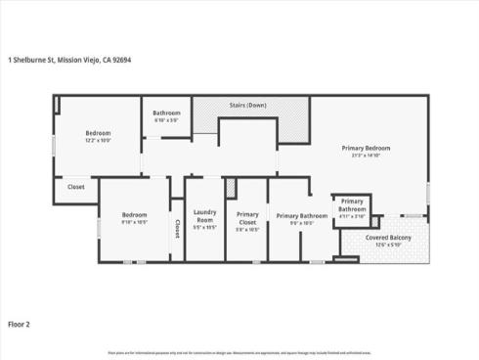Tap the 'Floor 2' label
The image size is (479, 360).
click(21, 322)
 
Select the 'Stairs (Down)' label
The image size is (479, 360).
click(247, 105)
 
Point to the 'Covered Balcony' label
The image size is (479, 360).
click(388, 238)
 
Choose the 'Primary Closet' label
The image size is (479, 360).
click(247, 216)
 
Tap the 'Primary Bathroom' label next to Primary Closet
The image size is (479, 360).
click(301, 215)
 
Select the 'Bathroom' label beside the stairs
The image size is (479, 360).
click(166, 112)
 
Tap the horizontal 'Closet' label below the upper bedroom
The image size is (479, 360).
click(75, 187)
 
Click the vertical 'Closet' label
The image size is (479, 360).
click(177, 228)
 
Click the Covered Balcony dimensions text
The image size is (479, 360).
click(388, 245)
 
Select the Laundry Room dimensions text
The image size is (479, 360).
click(204, 228)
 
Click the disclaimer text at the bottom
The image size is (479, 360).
click(239, 352)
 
